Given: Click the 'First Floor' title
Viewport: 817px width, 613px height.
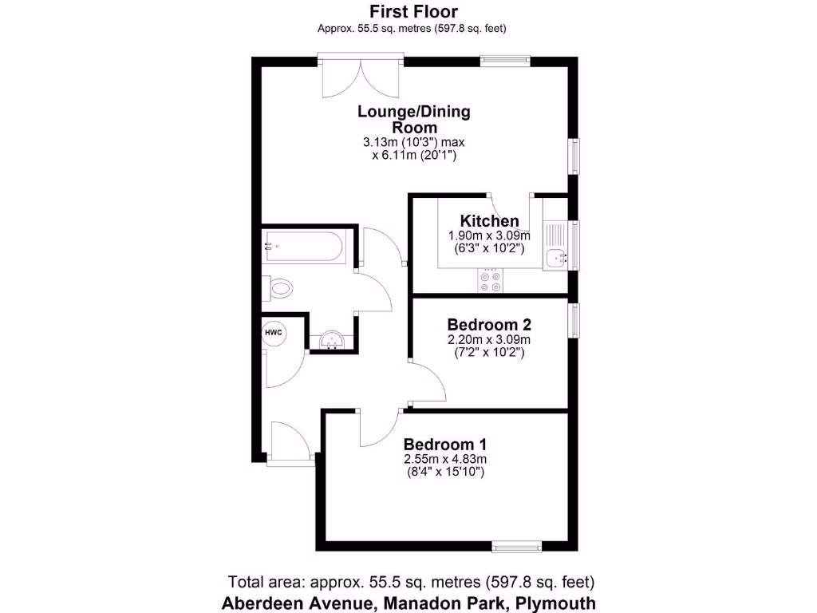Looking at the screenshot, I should click(x=413, y=11).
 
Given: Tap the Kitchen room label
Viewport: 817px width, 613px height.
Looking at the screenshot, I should click(x=489, y=221).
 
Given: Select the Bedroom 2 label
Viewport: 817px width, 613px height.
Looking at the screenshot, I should click(x=489, y=325).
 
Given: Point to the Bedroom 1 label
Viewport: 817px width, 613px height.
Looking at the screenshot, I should click(x=445, y=445).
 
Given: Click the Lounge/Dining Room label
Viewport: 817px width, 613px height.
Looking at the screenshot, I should click(x=413, y=119).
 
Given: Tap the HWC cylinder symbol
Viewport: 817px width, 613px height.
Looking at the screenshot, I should click(x=274, y=332).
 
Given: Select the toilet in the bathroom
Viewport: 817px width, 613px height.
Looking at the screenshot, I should click(x=278, y=287).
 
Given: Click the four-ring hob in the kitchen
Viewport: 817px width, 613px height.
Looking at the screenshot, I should click(x=490, y=281).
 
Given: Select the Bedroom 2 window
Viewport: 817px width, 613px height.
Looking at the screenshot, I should click(x=574, y=320).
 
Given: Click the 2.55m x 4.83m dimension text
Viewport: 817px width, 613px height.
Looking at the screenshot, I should click(x=445, y=459).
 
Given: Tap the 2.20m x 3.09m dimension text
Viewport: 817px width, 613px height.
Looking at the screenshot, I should click(x=489, y=339).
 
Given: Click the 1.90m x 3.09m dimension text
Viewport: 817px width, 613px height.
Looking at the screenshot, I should click(x=489, y=235).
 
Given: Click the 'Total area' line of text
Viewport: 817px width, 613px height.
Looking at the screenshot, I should click(x=411, y=582).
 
